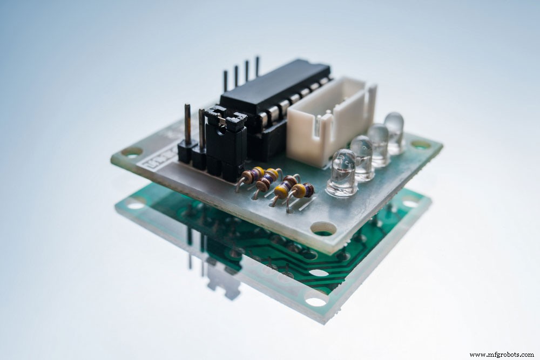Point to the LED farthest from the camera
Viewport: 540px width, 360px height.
point(394,132)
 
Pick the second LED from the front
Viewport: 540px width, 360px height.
point(361,158)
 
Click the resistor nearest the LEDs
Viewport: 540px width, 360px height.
point(302,191)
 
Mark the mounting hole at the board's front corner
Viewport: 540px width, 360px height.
point(323,229)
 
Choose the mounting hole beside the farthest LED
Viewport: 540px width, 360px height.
point(420,144)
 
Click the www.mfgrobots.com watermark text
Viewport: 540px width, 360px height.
point(502,355)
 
